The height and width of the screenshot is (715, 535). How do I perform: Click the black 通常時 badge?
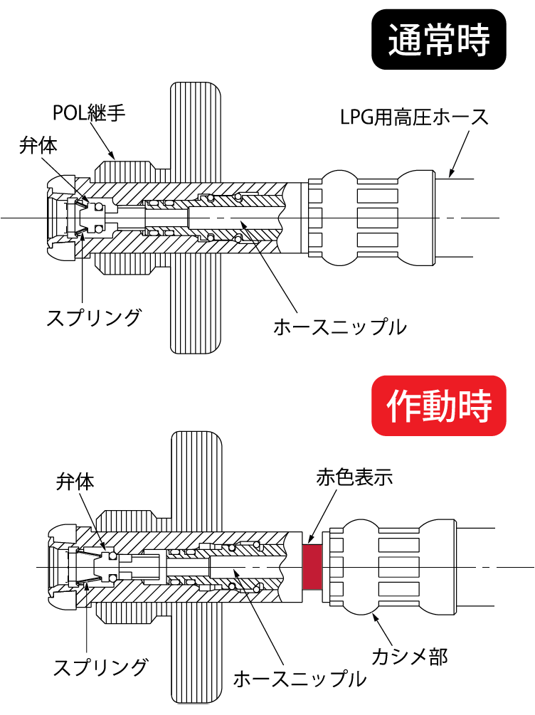click(439, 41)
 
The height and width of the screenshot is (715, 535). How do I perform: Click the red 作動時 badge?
click(439, 406)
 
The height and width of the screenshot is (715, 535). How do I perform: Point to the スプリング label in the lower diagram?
click(101, 667)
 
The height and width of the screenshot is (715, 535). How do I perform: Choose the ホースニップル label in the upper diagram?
click(340, 327)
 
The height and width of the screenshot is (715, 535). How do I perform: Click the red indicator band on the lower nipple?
click(312, 567)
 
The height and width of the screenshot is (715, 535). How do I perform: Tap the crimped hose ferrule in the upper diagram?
click(370, 217)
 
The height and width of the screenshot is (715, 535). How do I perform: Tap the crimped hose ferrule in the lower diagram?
click(388, 567)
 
